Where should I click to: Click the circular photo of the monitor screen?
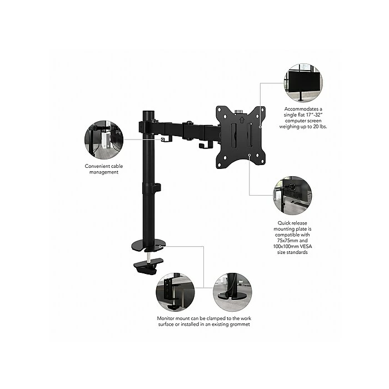pyautogui.click(x=303, y=83)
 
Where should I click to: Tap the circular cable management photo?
pyautogui.click(x=104, y=139)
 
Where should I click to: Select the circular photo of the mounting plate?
pyautogui.click(x=292, y=195)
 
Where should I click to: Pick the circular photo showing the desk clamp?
pyautogui.click(x=175, y=292)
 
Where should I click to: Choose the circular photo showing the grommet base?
pyautogui.click(x=232, y=292)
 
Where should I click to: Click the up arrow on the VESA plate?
pyautogui.click(x=242, y=119)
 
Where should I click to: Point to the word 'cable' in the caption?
pyautogui.click(x=117, y=166)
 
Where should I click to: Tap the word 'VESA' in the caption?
pyautogui.click(x=306, y=246)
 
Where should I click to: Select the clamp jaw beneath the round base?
pyautogui.click(x=148, y=266)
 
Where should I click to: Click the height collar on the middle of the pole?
pyautogui.click(x=151, y=188)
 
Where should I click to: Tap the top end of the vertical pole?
pyautogui.click(x=148, y=111)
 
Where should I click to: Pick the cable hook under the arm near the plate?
pyautogui.click(x=206, y=145)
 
